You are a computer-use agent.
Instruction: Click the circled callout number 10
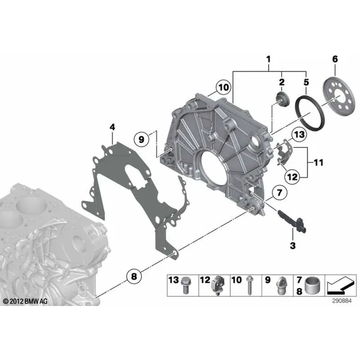tap(224, 88)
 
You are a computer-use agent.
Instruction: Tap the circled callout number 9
tap(142, 139)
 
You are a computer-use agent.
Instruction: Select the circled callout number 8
tap(134, 277)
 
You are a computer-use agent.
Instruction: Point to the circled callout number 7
tap(280, 193)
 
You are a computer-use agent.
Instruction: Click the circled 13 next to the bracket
tap(299, 134)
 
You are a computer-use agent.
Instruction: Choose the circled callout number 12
tap(292, 176)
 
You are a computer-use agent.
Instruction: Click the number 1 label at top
tap(268, 59)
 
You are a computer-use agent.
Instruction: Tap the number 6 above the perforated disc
tap(335, 59)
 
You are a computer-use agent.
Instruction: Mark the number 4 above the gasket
tap(112, 127)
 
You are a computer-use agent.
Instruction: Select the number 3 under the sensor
tap(293, 245)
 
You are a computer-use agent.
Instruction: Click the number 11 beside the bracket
tap(318, 163)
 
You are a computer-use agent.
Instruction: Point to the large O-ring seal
tap(310, 113)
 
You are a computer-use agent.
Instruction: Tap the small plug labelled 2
tap(283, 99)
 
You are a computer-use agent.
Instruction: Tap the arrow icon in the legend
tap(340, 286)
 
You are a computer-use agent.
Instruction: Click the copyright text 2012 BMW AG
tap(25, 301)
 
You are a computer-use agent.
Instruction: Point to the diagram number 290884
tap(341, 301)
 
